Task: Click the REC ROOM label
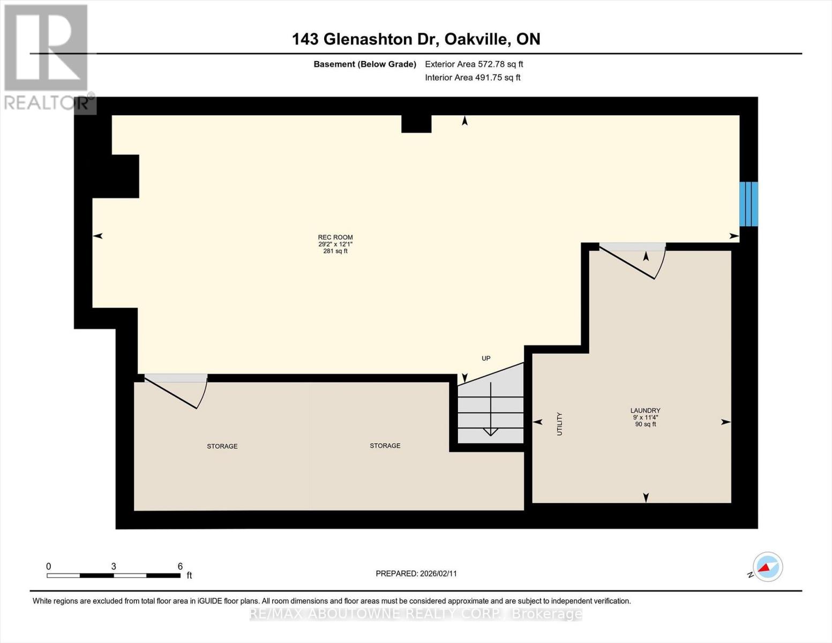pyautogui.click(x=335, y=237)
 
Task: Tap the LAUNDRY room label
pyautogui.click(x=646, y=410)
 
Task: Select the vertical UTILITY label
pyautogui.click(x=559, y=424)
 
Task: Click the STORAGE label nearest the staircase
pyautogui.click(x=385, y=446)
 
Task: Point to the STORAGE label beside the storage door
pyautogui.click(x=222, y=446)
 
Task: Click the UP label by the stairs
pyautogui.click(x=486, y=358)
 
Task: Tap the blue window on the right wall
pyautogui.click(x=748, y=204)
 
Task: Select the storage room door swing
pyautogui.click(x=176, y=391)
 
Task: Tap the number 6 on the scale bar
pyautogui.click(x=180, y=566)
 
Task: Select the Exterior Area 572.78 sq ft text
pyautogui.click(x=474, y=64)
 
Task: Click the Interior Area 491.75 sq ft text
pyautogui.click(x=473, y=78)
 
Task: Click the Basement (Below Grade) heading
pyautogui.click(x=365, y=64)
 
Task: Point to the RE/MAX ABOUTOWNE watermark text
pyautogui.click(x=416, y=614)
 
